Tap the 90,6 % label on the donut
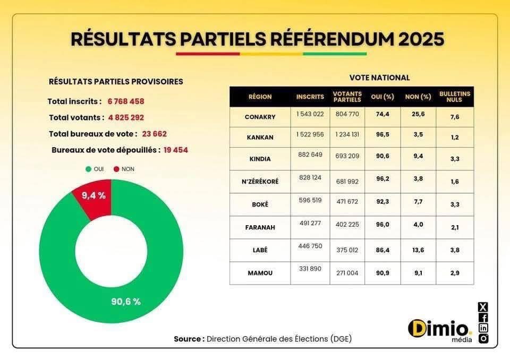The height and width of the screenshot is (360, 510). pyautogui.click(x=126, y=302)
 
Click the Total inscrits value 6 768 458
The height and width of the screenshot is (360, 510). pyautogui.click(x=126, y=101)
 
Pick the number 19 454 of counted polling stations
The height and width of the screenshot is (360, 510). pyautogui.click(x=175, y=150)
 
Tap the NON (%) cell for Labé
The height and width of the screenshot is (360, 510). pyautogui.click(x=418, y=250)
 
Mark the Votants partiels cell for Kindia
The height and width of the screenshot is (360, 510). pyautogui.click(x=347, y=158)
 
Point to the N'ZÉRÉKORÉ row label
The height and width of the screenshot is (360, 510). pyautogui.click(x=260, y=181)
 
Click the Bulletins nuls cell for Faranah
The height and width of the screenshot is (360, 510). pyautogui.click(x=454, y=227)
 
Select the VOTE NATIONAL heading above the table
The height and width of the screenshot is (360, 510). pyautogui.click(x=379, y=78)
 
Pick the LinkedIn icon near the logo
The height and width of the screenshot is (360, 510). pyautogui.click(x=483, y=328)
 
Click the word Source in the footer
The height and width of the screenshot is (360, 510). pyautogui.click(x=188, y=339)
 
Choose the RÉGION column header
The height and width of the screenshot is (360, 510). pyautogui.click(x=260, y=97)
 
